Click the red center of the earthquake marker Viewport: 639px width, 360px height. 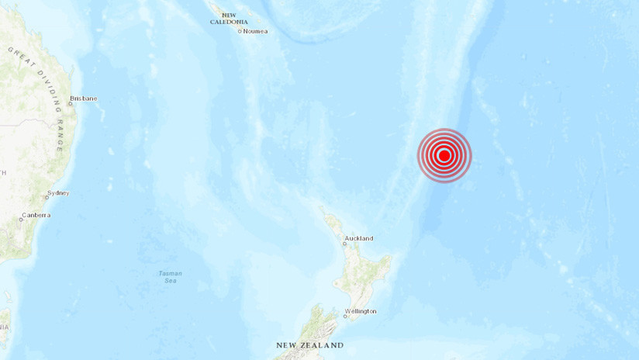click(x=444, y=155)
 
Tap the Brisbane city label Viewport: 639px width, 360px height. click(x=83, y=99)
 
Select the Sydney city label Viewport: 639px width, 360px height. click(x=58, y=192)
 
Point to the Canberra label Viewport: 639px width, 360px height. click(x=36, y=215)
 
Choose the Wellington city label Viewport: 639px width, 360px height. click(x=362, y=311)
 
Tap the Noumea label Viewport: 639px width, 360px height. click(x=256, y=31)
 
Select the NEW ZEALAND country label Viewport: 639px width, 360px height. click(x=309, y=345)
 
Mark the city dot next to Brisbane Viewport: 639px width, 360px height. click(x=69, y=103)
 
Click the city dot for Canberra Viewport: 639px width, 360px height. click(x=21, y=219)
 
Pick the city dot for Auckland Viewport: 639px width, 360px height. click(x=345, y=243)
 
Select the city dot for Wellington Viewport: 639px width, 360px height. click(x=345, y=315)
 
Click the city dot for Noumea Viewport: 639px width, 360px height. click(x=240, y=31)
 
